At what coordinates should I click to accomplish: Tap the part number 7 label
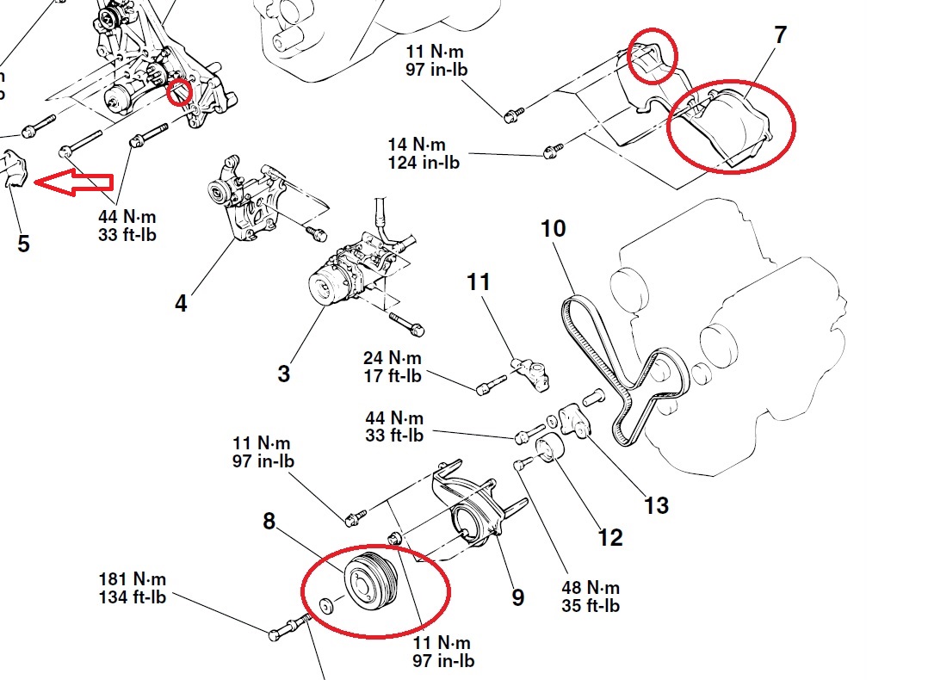pyautogui.click(x=780, y=36)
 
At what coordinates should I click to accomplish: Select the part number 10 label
pyautogui.click(x=554, y=230)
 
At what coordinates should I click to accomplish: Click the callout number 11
pyautogui.click(x=479, y=281)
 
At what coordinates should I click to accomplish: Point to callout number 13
pyautogui.click(x=656, y=504)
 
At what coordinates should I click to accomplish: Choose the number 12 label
pyautogui.click(x=609, y=538)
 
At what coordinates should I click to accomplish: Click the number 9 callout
pyautogui.click(x=517, y=597)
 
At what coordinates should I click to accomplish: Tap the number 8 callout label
pyautogui.click(x=269, y=521)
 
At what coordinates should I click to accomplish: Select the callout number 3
pyautogui.click(x=284, y=374)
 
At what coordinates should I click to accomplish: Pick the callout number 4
pyautogui.click(x=181, y=303)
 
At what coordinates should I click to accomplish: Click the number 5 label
pyautogui.click(x=23, y=244)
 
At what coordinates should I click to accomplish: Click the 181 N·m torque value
pyautogui.click(x=133, y=578)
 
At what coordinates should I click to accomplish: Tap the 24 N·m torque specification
pyautogui.click(x=393, y=357)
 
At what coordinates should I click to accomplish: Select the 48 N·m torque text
pyautogui.click(x=590, y=587)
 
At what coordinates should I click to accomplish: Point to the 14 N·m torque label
pyautogui.click(x=422, y=144)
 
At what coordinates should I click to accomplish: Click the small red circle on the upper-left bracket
pyautogui.click(x=179, y=91)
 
